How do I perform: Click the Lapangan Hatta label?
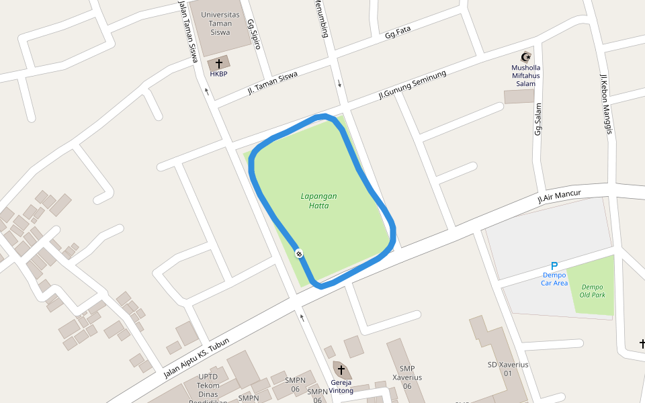tap(318, 201)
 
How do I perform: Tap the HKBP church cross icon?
tap(218, 64)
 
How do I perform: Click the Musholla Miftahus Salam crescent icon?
tap(526, 56)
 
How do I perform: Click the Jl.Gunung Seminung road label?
tap(412, 85)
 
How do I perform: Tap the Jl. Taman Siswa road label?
tap(272, 83)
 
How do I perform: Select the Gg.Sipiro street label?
tap(253, 34)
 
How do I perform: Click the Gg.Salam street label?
tap(538, 118)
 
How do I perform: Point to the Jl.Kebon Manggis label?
tap(606, 103)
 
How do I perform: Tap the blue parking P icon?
tap(554, 266)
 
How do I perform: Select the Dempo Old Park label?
tap(593, 291)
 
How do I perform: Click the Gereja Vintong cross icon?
tap(341, 370)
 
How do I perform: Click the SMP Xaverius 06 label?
tap(406, 377)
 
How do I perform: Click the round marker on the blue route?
tap(298, 253)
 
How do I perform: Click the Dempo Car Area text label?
tap(554, 279)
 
